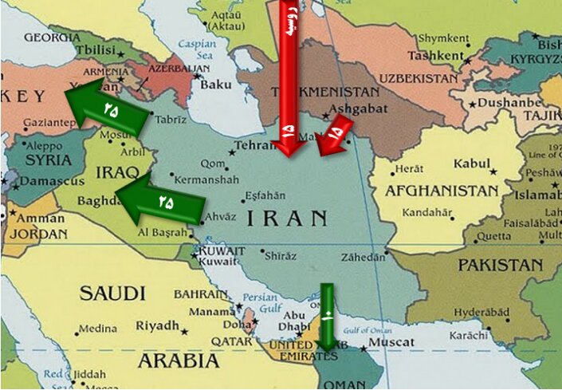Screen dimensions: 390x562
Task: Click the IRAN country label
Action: point(287,218)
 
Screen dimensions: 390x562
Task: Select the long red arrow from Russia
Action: point(289,76)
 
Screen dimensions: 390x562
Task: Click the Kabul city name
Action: point(471,163)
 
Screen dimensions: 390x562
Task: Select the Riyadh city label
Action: point(157,325)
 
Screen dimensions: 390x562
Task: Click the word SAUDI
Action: point(112,293)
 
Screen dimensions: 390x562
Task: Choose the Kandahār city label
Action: point(427,213)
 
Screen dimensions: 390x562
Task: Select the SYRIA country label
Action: point(48,160)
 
